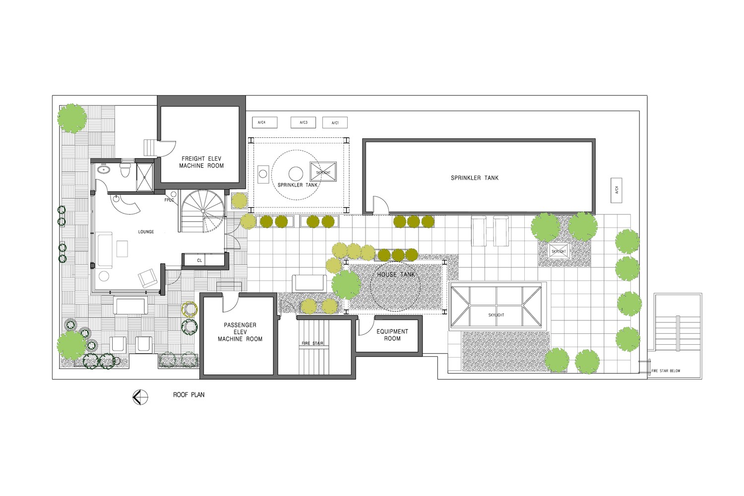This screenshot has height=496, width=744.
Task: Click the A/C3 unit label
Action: pos(303,123)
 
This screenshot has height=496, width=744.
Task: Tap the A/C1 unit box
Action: pos(335,123)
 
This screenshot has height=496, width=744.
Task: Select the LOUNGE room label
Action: pos(146,232)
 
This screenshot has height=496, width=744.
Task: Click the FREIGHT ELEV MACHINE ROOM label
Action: pos(201,162)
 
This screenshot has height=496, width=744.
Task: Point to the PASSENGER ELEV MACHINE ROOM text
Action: pos(240,332)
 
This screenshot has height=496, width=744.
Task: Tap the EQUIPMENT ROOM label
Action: pos(392,335)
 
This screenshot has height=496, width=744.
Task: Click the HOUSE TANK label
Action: pos(396,274)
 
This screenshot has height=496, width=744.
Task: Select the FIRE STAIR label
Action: pos(312,343)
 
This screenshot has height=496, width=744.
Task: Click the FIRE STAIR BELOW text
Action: pos(666,371)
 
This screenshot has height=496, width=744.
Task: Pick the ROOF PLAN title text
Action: pos(188,395)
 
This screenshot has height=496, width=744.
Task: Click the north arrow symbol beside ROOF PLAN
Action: pos(140,397)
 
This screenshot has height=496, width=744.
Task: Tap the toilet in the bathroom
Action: pos(125,171)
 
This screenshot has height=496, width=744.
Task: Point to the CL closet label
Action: pos(199,260)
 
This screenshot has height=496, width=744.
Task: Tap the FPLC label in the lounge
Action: pos(169,200)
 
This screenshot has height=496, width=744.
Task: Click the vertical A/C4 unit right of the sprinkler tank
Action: pos(617,190)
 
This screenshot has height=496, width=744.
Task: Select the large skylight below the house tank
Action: pos(496,307)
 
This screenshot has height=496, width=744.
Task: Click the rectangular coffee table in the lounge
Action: pos(122,248)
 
